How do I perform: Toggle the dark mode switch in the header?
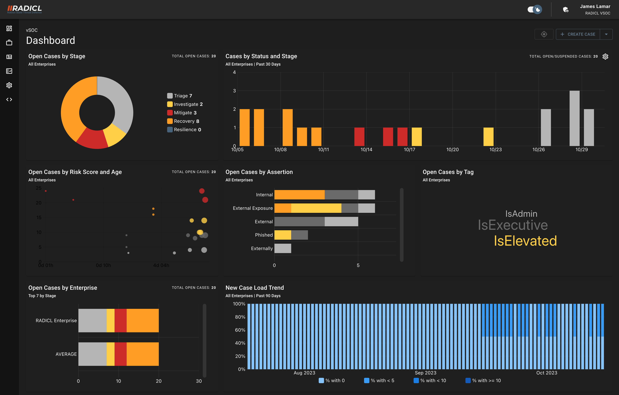535,9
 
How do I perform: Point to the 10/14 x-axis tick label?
366,150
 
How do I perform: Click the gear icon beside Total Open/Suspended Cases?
605,56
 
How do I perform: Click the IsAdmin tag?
521,214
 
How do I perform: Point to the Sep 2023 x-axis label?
425,373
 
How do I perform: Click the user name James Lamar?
595,6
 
